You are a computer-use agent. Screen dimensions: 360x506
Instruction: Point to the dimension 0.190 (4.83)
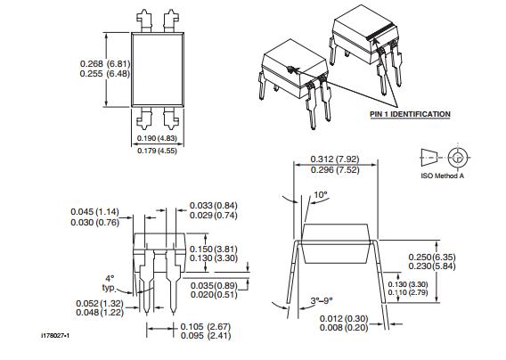[160, 139]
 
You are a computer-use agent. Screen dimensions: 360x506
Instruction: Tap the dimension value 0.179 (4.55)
[160, 151]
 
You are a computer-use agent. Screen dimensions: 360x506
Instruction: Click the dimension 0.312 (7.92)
[334, 159]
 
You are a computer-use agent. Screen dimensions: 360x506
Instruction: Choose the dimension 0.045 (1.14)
[95, 211]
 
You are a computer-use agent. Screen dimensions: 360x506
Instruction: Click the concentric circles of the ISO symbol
[458, 158]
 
